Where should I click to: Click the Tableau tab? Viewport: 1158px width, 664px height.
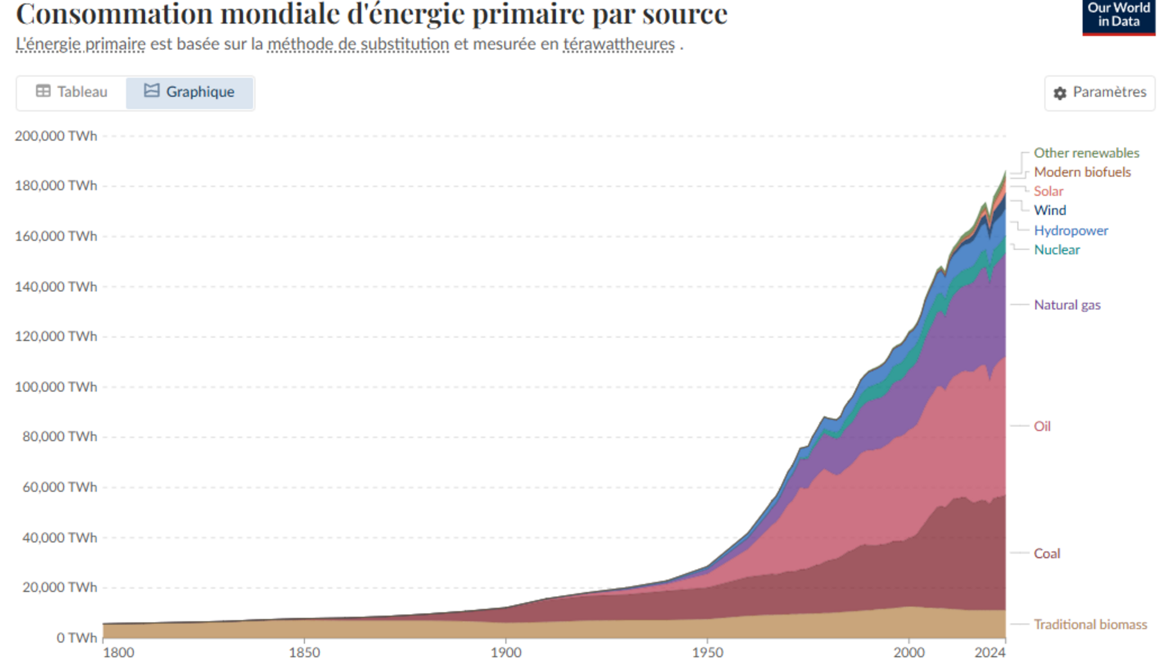tap(72, 92)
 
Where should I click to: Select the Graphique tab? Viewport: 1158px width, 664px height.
tap(189, 92)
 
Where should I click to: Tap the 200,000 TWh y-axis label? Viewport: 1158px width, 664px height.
tap(56, 136)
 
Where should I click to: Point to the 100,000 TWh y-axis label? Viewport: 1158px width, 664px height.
tap(56, 387)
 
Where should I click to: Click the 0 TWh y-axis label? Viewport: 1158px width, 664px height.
tap(77, 638)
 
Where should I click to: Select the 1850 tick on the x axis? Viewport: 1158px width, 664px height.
tap(304, 652)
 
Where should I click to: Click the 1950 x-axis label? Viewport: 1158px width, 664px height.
tap(707, 652)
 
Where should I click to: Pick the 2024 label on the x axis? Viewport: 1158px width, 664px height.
tap(990, 652)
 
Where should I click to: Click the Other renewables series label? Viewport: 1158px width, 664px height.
tap(1086, 153)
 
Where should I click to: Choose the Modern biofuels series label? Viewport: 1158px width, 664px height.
tap(1082, 172)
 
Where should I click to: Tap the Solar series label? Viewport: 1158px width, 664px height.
tap(1049, 191)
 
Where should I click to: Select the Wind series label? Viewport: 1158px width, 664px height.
tap(1050, 210)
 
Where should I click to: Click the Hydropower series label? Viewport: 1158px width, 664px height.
tap(1071, 231)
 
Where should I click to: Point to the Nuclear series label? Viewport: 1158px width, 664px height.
tap(1057, 250)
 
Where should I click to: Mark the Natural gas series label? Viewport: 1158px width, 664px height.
tap(1067, 305)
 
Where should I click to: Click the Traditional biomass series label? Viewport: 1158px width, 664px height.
tap(1090, 625)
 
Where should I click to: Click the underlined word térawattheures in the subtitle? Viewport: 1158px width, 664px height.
tap(619, 44)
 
